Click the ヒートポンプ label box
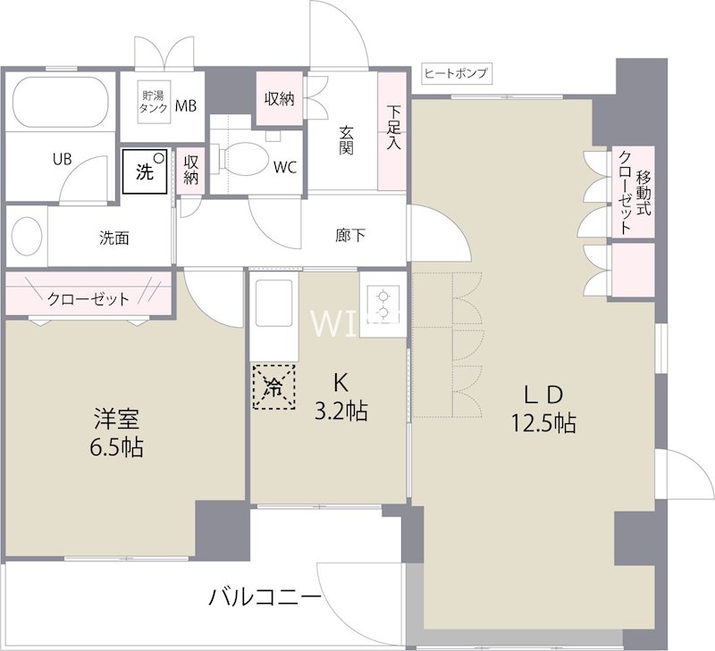(456, 74)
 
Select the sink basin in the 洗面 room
(28, 237)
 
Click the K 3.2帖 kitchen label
(339, 397)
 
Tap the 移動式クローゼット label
(634, 192)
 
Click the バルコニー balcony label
(265, 597)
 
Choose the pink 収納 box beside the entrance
(280, 98)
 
